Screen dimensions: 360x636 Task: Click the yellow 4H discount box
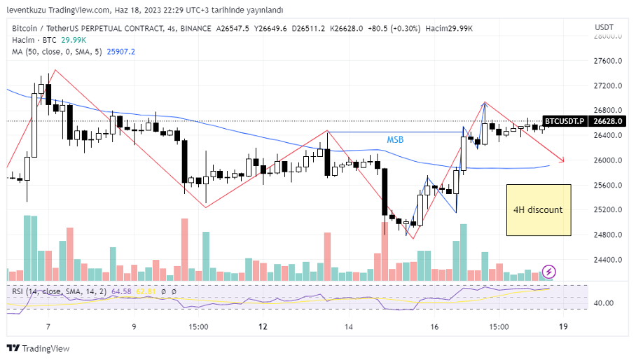[539, 209]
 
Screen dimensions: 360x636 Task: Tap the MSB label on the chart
[395, 140]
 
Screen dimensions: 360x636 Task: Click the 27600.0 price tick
[609, 61]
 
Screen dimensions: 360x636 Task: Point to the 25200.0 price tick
[609, 210]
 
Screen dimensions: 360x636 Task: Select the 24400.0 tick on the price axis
[609, 260]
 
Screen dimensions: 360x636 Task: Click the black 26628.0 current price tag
[607, 121]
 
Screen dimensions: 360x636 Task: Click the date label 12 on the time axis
[263, 327]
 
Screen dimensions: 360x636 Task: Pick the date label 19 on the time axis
[562, 327]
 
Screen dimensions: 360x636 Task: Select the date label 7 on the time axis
[48, 327]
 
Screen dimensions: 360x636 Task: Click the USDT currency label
[604, 27]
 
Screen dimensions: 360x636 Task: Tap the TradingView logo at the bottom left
[39, 348]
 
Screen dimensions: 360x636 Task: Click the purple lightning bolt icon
[549, 271]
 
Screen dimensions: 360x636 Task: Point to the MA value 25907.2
[120, 52]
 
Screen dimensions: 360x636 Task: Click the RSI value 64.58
[122, 291]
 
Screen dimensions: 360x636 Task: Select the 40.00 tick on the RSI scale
[604, 303]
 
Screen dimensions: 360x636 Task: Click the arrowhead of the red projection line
[562, 159]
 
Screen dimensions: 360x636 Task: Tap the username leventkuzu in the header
[27, 10]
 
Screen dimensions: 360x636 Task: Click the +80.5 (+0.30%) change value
[398, 28]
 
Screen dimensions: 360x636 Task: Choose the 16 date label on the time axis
[434, 327]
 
